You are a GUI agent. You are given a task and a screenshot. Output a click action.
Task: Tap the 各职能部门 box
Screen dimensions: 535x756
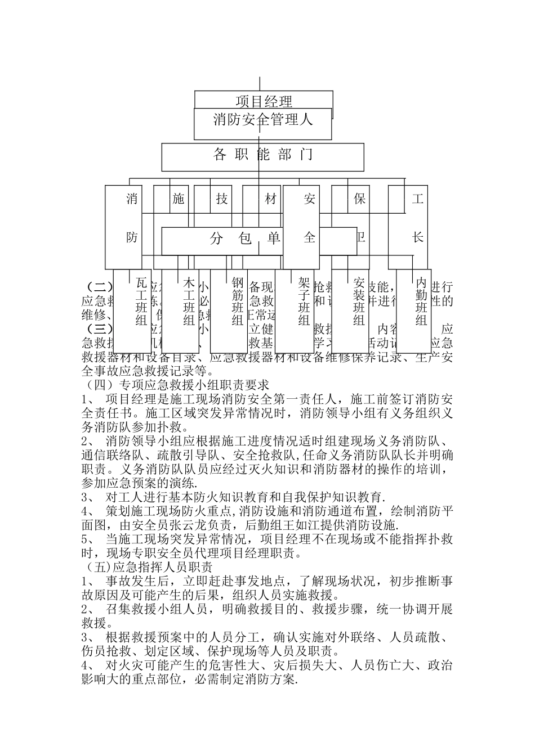click(x=262, y=156)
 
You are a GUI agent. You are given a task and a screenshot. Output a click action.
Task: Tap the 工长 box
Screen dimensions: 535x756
click(x=417, y=219)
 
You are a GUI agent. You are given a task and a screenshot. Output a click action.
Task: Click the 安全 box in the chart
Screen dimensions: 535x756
click(x=309, y=219)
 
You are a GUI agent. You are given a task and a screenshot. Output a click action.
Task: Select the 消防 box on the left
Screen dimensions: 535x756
click(x=132, y=219)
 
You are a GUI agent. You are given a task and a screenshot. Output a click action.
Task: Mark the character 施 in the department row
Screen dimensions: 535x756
click(x=179, y=199)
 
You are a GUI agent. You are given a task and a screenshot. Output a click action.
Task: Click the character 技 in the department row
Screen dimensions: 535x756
click(x=222, y=199)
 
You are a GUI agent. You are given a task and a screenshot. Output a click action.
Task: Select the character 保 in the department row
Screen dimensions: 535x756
click(x=359, y=199)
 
